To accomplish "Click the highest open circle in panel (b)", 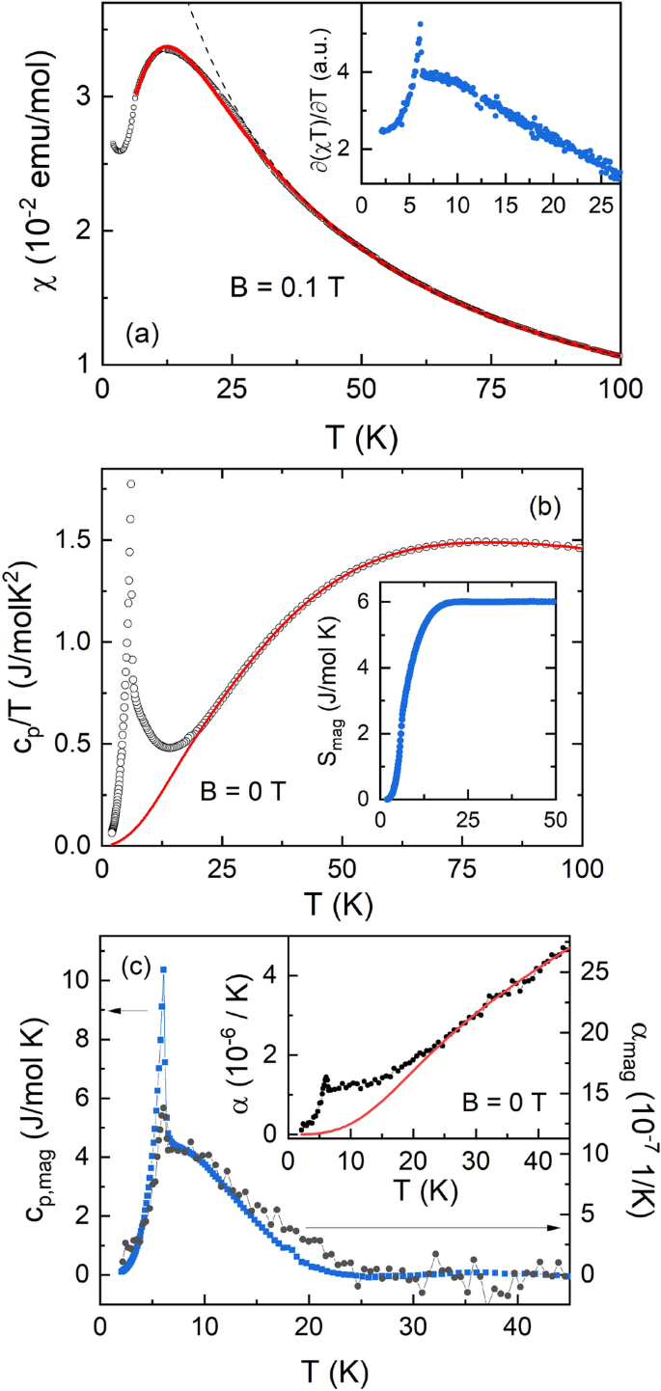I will pos(131,483).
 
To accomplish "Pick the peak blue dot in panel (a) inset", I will pos(420,23).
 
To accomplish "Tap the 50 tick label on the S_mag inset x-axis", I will pos(556,820).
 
